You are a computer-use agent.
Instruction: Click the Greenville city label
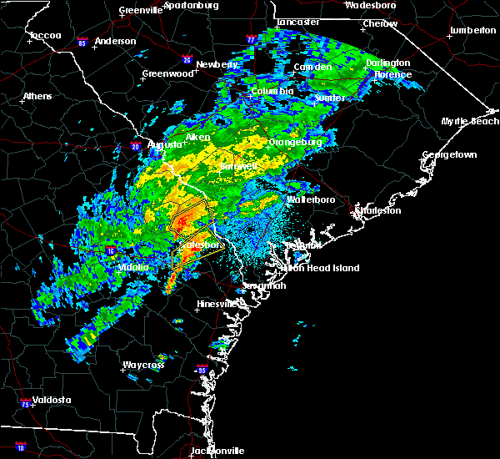140,11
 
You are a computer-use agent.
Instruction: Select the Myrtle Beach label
472,122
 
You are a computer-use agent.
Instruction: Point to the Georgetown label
449,155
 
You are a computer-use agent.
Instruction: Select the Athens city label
37,96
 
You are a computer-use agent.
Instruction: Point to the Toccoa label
44,36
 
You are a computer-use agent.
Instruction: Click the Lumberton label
472,30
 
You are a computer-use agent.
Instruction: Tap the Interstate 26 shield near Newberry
187,60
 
